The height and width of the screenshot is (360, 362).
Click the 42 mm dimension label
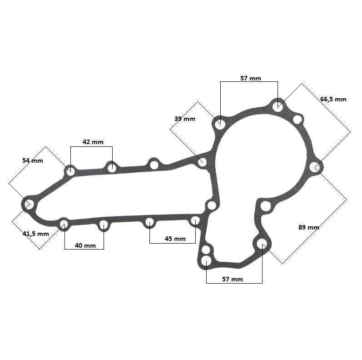pyautogui.click(x=93, y=142)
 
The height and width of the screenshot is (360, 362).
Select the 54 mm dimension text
pyautogui.click(x=33, y=160)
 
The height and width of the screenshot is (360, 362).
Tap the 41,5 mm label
pyautogui.click(x=36, y=234)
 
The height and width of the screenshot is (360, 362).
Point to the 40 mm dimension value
pyautogui.click(x=85, y=245)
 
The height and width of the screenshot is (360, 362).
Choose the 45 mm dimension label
pyautogui.click(x=175, y=239)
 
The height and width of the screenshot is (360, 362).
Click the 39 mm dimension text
pyautogui.click(x=185, y=119)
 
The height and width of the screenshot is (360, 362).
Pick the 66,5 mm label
pyautogui.click(x=333, y=100)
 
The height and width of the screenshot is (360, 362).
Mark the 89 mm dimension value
pyautogui.click(x=309, y=227)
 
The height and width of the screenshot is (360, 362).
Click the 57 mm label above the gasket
pyautogui.click(x=251, y=78)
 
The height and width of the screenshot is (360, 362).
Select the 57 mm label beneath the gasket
pyautogui.click(x=233, y=279)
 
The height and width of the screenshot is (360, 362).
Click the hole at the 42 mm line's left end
pyautogui.click(x=70, y=171)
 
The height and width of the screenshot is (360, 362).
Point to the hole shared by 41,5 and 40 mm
pyautogui.click(x=64, y=224)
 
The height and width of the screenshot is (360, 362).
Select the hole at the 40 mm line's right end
pyautogui.click(x=104, y=225)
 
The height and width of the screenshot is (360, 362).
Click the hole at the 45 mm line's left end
pyautogui.click(x=149, y=222)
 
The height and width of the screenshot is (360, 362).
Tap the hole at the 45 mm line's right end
pyautogui.click(x=195, y=220)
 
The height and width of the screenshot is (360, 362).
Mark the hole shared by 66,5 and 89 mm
pyautogui.click(x=315, y=167)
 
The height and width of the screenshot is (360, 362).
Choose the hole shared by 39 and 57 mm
pyautogui.click(x=219, y=125)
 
